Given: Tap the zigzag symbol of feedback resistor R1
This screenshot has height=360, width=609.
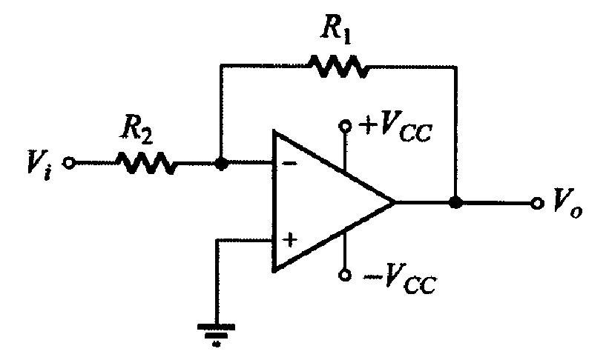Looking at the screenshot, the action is [339, 67].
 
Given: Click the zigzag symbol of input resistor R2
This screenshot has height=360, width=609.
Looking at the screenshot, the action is [146, 163].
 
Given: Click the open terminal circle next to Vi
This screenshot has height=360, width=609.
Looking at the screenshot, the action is [69, 163].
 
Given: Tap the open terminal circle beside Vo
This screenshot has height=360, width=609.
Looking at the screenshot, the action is [537, 202].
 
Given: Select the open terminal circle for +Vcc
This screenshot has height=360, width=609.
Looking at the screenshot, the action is [345, 126].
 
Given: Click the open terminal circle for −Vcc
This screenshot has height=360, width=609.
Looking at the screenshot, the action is [344, 275].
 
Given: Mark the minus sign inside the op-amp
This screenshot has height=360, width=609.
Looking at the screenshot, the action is [290, 164].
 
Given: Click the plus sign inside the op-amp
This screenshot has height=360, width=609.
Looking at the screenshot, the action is [290, 240].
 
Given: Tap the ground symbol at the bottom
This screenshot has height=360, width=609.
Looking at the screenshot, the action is [217, 334].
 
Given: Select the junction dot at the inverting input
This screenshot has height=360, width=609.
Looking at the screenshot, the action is [221, 164].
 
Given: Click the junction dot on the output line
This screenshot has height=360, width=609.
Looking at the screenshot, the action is [455, 202].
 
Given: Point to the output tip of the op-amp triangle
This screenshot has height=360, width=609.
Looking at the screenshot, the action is [395, 202].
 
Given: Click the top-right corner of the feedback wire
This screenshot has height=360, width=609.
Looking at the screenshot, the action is [456, 67].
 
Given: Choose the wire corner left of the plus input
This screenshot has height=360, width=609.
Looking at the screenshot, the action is [217, 241].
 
